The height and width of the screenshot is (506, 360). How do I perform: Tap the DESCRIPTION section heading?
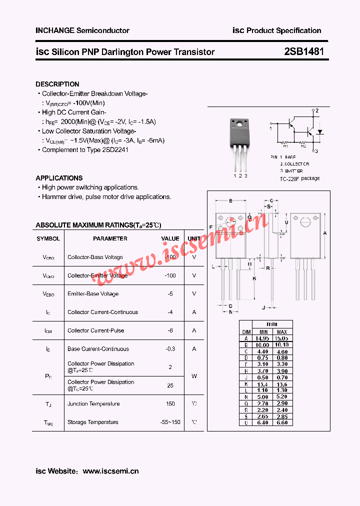click(x=57, y=84)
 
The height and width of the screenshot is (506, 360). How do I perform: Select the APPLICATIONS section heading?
click(x=59, y=178)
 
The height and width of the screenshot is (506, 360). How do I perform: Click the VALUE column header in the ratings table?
click(x=170, y=238)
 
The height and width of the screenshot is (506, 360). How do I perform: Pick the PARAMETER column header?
click(x=110, y=238)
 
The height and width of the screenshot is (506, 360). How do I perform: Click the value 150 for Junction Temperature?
click(x=170, y=403)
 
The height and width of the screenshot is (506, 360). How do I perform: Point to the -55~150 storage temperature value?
click(x=170, y=422)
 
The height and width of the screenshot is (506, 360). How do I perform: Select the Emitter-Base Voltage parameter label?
click(x=93, y=294)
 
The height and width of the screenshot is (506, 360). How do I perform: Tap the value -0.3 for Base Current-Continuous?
click(x=170, y=349)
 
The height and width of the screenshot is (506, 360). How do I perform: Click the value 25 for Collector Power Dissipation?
click(x=170, y=385)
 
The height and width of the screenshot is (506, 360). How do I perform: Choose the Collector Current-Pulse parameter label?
click(x=95, y=330)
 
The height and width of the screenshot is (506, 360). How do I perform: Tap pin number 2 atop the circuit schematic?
click(x=316, y=110)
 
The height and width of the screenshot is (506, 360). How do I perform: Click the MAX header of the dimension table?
click(x=282, y=332)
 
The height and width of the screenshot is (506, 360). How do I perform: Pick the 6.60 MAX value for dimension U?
click(x=282, y=422)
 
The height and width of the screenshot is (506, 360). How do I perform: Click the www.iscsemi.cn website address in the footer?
click(x=110, y=471)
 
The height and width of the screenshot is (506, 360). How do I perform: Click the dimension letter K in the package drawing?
click(x=254, y=278)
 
